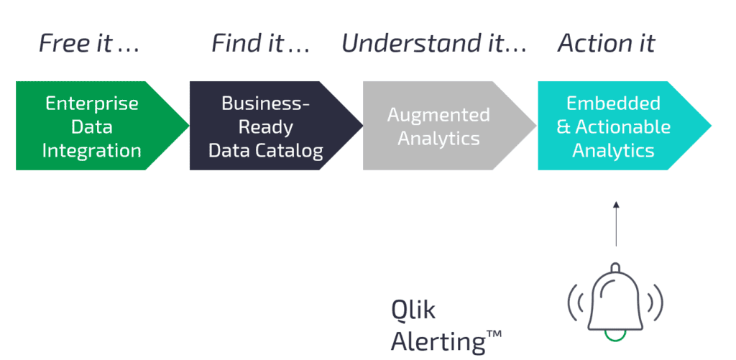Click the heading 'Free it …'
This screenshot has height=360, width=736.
[89, 43]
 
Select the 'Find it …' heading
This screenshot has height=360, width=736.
[260, 43]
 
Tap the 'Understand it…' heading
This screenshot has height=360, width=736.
[434, 43]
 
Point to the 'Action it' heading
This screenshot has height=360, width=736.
[607, 43]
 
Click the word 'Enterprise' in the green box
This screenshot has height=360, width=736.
[92, 103]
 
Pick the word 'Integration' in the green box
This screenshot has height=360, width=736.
[91, 151]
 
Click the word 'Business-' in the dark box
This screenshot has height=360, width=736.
[266, 103]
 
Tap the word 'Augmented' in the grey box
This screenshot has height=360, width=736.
[438, 116]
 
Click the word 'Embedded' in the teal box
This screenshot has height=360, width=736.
[614, 103]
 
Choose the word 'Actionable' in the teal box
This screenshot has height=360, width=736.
[623, 126]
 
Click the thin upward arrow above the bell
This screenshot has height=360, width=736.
[616, 224]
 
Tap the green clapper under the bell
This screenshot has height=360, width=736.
[615, 334]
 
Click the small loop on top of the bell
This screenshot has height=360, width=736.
[615, 267]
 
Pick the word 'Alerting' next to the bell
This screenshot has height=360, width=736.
[438, 342]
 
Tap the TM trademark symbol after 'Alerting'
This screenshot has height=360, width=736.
[494, 333]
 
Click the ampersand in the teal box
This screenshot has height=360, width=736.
[563, 127]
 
